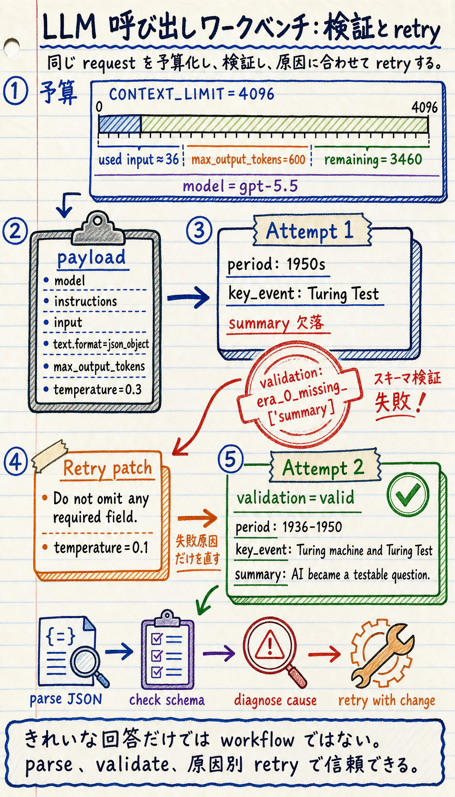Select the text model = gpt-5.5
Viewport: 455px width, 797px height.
[240, 186]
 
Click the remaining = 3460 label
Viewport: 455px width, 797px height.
[373, 159]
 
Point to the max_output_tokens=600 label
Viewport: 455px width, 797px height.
[248, 159]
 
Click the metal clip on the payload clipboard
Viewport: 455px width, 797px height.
[97, 228]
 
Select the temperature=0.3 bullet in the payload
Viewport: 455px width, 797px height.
[93, 390]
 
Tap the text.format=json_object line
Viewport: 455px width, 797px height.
[97, 344]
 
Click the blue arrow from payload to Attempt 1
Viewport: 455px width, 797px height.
[188, 297]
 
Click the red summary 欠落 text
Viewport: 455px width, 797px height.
[276, 323]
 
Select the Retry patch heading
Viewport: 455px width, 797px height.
[107, 468]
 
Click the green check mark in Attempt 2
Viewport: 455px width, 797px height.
[407, 495]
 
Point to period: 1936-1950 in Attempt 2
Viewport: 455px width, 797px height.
[289, 527]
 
